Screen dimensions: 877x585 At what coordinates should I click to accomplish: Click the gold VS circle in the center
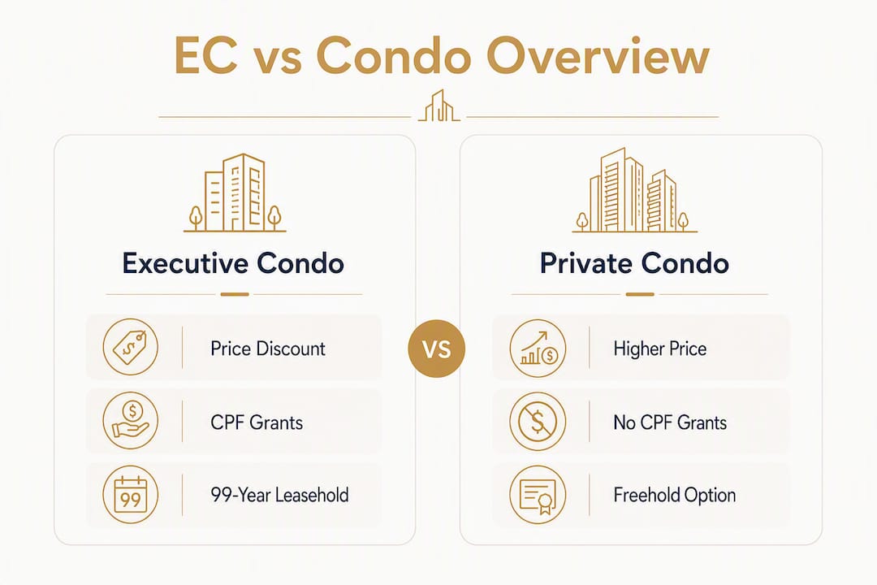tap(436, 349)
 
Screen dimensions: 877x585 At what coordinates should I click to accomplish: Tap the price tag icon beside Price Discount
tap(130, 347)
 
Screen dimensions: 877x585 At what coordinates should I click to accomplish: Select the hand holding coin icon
tap(130, 420)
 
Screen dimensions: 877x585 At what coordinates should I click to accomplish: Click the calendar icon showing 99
tap(130, 494)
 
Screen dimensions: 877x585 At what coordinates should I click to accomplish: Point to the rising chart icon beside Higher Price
tap(538, 348)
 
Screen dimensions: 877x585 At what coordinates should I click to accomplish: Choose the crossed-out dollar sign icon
tap(538, 421)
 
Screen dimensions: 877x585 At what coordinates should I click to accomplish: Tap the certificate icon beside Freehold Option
tap(538, 495)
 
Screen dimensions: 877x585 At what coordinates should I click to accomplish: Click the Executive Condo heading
tap(233, 263)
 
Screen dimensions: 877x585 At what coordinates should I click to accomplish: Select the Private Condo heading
tap(634, 263)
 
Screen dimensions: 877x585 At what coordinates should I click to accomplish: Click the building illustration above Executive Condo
tap(235, 193)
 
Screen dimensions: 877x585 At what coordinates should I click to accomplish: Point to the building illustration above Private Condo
tap(634, 190)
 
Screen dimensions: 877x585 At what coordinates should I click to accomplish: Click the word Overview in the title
tap(598, 56)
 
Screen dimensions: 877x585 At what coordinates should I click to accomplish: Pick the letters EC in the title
tap(205, 55)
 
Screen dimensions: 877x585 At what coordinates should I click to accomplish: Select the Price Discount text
tap(268, 349)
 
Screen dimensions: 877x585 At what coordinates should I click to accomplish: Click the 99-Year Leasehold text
tap(279, 495)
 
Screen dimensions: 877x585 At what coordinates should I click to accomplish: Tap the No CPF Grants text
tap(670, 422)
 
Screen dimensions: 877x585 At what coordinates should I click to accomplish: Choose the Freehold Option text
tap(675, 496)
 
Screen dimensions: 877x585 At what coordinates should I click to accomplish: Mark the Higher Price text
tap(660, 349)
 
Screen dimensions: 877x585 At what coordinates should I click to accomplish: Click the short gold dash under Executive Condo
tap(235, 294)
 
